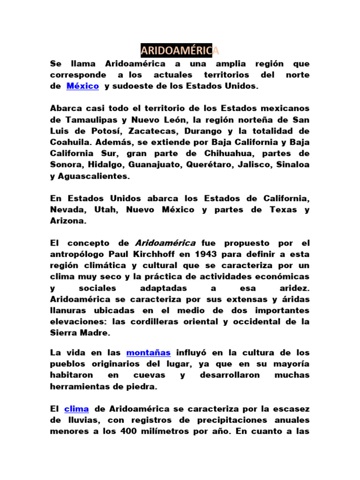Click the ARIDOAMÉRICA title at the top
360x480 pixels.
pos(180,50)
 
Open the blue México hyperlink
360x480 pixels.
pos(82,86)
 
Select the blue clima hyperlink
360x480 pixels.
pos(76,409)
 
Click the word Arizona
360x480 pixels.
pos(68,221)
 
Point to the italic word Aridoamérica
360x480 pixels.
pos(165,243)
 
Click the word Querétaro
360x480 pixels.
pos(212,165)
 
